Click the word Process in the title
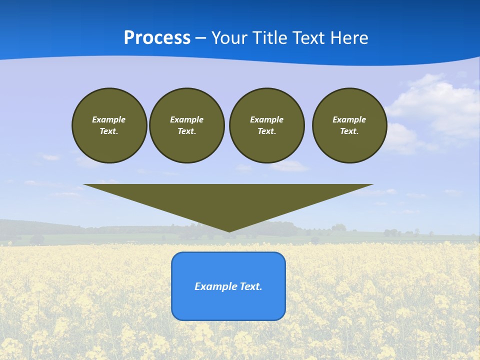coord(157,38)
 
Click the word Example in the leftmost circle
coord(109,119)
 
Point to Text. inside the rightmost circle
coord(349,131)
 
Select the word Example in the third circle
coord(266,119)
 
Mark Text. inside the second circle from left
coord(187,131)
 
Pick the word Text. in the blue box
coord(250,286)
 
